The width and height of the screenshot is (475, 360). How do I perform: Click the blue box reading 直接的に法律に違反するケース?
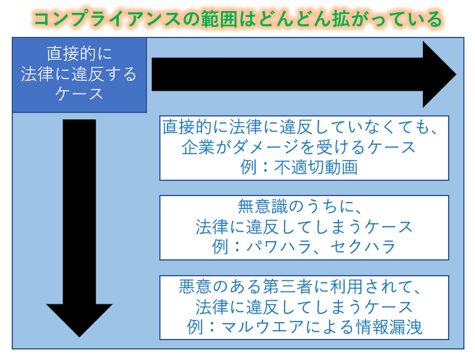[x=79, y=74]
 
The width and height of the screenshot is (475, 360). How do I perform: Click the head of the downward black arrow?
[x=79, y=319]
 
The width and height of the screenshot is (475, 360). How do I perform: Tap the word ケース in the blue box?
[x=79, y=94]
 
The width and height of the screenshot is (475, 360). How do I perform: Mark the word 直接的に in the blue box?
[x=79, y=54]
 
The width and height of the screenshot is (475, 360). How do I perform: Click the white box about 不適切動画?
[x=305, y=148]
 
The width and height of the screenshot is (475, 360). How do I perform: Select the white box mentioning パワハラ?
[x=305, y=227]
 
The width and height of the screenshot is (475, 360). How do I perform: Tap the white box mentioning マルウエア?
[x=305, y=307]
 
